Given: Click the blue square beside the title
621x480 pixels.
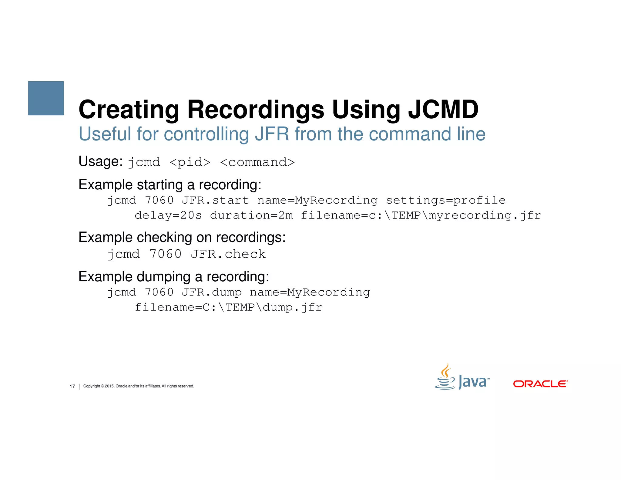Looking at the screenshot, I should pos(46,98).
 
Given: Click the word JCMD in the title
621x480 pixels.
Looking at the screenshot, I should pos(443,109).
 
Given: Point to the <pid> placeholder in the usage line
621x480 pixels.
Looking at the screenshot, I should pos(190,162).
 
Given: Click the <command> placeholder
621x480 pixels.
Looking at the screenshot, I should pos(257,162).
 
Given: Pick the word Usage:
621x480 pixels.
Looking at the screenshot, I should pos(100,161).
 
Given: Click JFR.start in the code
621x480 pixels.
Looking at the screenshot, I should pos(215,200).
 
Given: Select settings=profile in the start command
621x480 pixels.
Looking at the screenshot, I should pos(445,200).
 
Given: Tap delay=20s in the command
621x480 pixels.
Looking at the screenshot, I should pos(168,215).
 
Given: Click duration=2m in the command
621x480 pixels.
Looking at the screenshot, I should pos(251,215).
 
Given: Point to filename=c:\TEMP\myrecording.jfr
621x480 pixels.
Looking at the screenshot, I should pos(421,215).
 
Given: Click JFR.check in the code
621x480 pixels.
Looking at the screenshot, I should pos(228,254).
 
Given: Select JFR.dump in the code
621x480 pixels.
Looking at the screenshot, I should pos(211,292).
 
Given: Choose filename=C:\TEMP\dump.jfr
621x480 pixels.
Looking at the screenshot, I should pos(228,307).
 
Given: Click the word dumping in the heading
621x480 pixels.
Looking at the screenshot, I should pos(164,277).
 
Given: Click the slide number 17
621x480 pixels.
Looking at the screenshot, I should pos(72,386).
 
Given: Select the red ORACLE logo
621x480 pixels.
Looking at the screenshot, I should pos(540,384).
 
